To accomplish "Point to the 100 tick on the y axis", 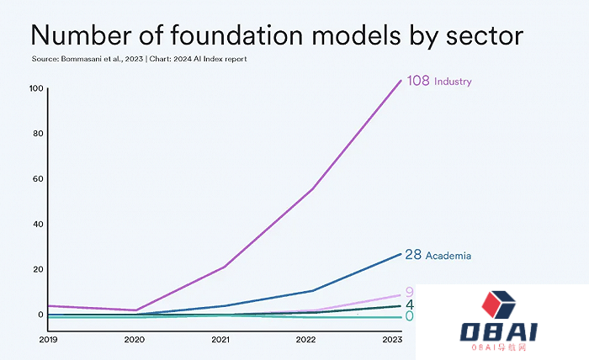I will pyautogui.click(x=35, y=88).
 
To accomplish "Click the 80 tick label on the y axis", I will pyautogui.click(x=37, y=134).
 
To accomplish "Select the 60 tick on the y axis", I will pyautogui.click(x=37, y=179).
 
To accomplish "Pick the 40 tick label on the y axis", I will pyautogui.click(x=37, y=225).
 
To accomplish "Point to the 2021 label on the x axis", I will pyautogui.click(x=220, y=340).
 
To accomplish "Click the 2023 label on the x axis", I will pyautogui.click(x=392, y=340).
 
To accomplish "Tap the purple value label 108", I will pyautogui.click(x=418, y=82).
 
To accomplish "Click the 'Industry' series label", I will pyautogui.click(x=453, y=82).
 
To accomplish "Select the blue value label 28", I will pyautogui.click(x=412, y=255).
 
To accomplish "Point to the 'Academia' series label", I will pyautogui.click(x=448, y=256).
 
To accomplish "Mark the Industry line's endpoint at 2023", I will pyautogui.click(x=401, y=80).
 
